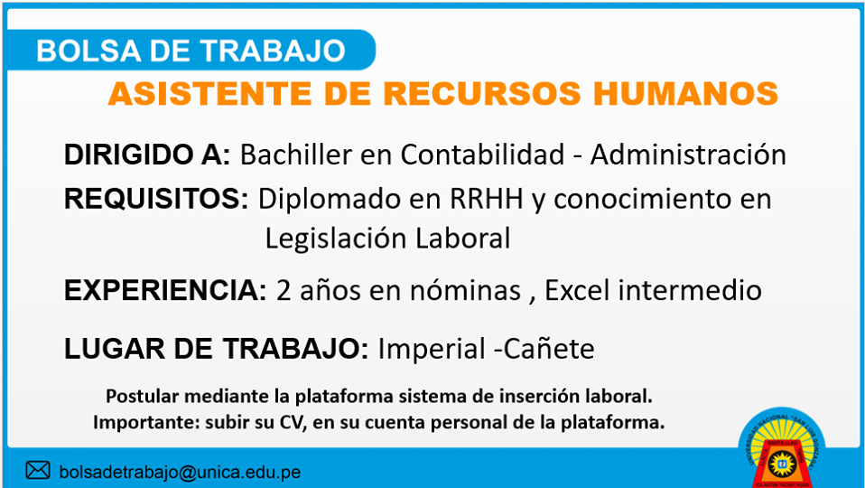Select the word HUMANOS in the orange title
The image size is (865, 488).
tap(685, 93)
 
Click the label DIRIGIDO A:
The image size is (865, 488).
tap(147, 155)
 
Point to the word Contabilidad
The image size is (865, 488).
tap(483, 155)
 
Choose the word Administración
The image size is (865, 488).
tap(688, 155)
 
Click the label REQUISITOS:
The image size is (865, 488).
tap(156, 199)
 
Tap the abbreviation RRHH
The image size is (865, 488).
tap(487, 200)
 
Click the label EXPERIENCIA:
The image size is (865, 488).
tap(165, 290)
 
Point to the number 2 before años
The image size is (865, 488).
tap(284, 291)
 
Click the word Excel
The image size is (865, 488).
tap(578, 290)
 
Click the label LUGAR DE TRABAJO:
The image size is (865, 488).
tap(217, 349)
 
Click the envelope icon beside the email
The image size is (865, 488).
tap(38, 470)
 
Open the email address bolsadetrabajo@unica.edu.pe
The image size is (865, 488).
tap(180, 473)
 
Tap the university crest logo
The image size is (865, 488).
tap(782, 448)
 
